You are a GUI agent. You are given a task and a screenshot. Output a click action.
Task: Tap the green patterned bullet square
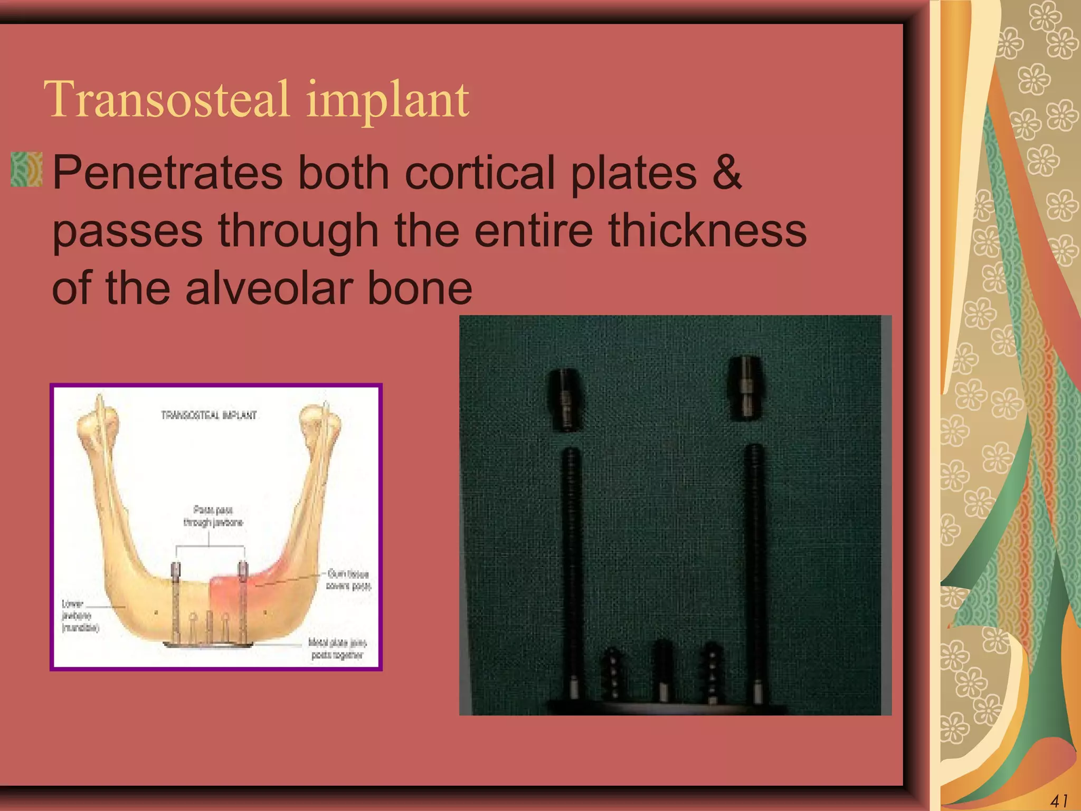(x=26, y=169)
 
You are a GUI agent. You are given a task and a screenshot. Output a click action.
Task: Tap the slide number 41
(x=1059, y=800)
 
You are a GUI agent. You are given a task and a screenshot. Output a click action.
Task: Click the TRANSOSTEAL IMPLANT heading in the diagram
(x=209, y=415)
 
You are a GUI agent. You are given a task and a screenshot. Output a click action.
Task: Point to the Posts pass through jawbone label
(x=213, y=516)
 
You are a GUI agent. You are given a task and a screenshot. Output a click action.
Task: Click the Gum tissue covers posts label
(x=348, y=580)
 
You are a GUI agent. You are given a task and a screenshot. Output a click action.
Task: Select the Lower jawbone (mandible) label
(x=79, y=616)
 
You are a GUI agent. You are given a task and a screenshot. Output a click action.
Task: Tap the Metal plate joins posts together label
(x=337, y=649)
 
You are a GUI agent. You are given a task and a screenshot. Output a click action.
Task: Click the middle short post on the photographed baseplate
(x=662, y=671)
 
